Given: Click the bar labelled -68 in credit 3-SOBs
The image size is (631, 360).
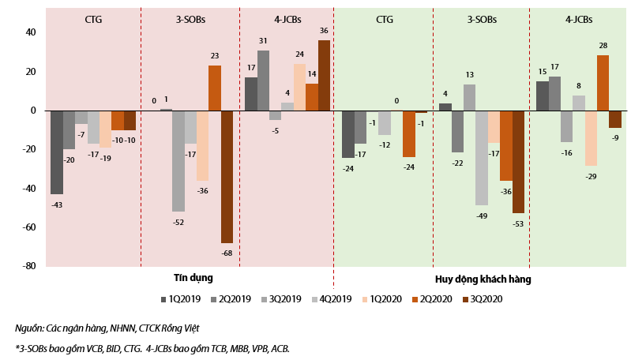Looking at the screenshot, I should (227, 177).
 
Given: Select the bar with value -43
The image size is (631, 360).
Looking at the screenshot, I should (57, 152).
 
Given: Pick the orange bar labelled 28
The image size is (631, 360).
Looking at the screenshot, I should (603, 83).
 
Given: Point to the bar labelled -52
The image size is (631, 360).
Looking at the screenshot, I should (178, 161).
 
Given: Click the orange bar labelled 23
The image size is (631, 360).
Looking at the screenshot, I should (215, 88).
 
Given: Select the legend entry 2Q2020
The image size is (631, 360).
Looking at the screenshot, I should (431, 299).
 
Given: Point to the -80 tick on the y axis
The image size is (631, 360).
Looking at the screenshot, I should (28, 266).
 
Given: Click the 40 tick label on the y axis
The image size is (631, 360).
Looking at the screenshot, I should (31, 32).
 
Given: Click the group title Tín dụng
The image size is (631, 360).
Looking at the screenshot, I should (193, 278).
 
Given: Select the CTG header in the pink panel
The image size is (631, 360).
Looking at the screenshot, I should (93, 20).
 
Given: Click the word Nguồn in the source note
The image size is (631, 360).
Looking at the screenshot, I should (30, 328).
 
